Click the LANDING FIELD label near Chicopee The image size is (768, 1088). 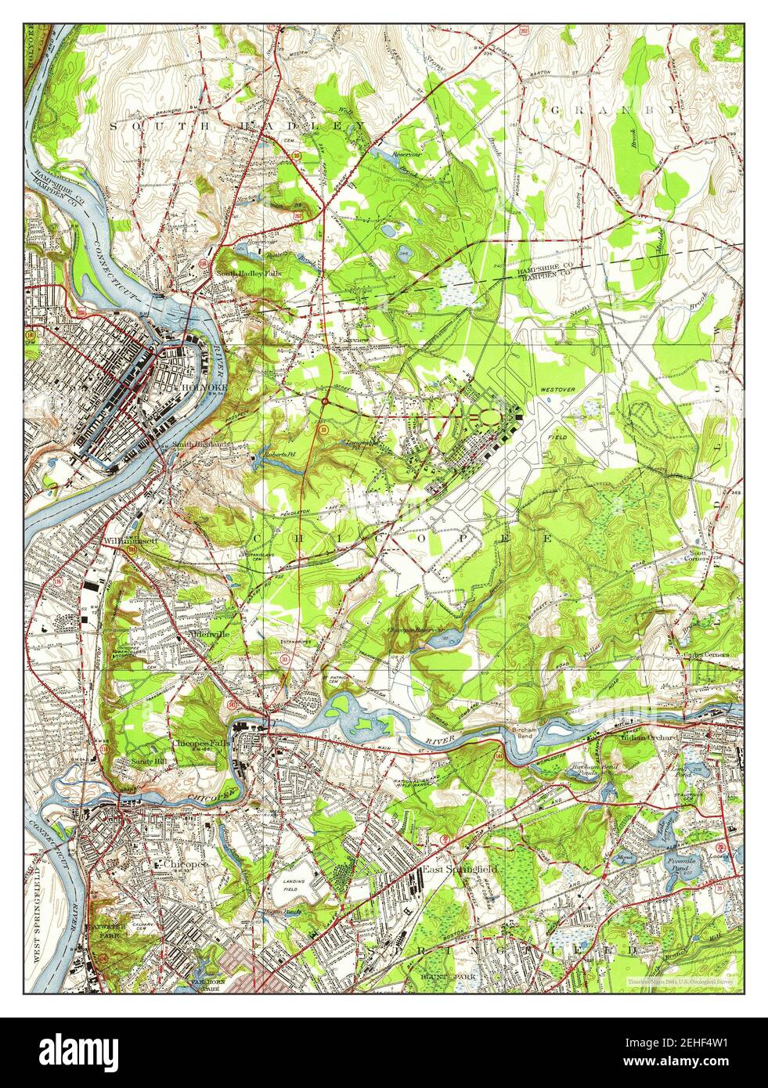(294, 884)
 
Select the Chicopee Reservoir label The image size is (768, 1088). (415, 629)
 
